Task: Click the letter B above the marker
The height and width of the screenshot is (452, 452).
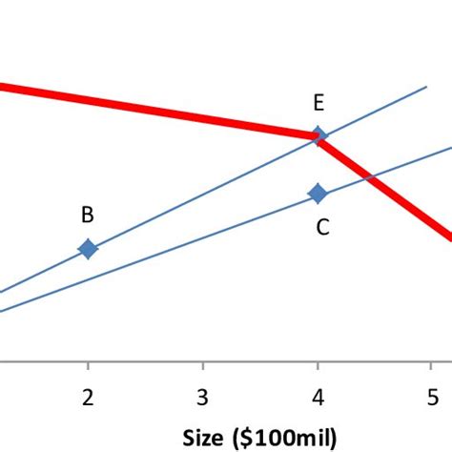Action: point(87,215)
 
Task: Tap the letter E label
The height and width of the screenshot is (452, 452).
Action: point(318,104)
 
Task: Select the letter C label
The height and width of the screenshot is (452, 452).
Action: point(323,227)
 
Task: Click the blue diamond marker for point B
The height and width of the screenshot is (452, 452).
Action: point(88,249)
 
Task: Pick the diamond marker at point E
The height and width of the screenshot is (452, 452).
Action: point(318,136)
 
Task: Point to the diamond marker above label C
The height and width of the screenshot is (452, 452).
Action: point(318,194)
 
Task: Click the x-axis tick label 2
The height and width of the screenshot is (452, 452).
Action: point(88,396)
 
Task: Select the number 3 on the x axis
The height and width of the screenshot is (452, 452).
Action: point(202,396)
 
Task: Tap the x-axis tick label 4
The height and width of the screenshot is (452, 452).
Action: point(318,396)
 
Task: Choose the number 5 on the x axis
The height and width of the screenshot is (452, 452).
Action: point(432,396)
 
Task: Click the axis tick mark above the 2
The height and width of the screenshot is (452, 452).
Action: point(88,367)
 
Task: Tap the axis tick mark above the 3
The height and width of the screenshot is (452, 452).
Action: point(202,367)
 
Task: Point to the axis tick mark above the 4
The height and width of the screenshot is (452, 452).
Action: point(318,367)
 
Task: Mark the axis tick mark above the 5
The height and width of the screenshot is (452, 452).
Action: point(432,367)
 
